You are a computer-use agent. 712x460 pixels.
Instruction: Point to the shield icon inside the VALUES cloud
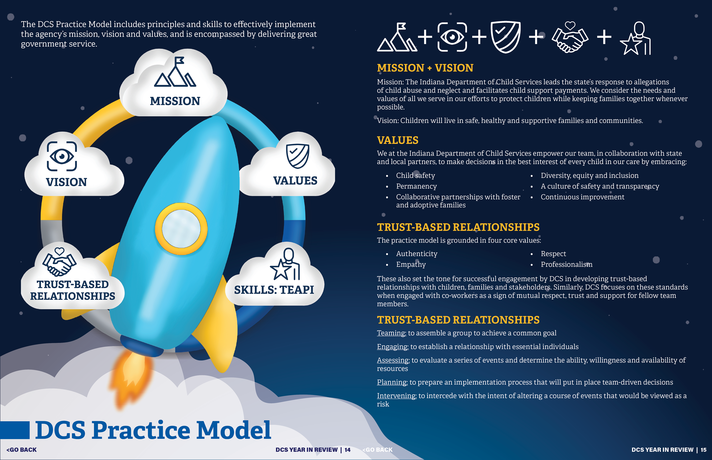point(297,156)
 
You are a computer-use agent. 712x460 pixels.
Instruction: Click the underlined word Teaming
point(391,333)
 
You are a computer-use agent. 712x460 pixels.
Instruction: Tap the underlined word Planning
point(392,382)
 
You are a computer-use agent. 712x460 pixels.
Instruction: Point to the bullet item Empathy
point(411,264)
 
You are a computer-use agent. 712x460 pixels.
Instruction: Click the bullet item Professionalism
point(566,264)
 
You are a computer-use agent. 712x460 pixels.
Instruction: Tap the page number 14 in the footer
point(347,450)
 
